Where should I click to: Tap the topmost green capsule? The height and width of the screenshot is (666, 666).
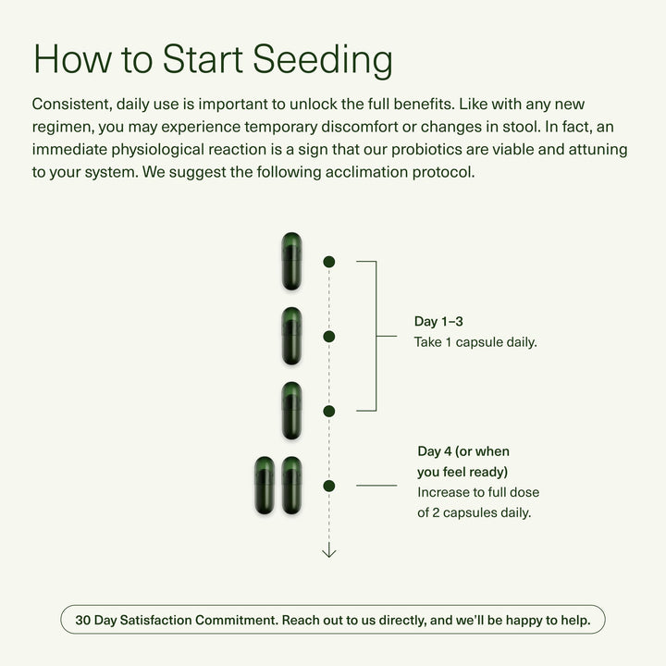(292, 262)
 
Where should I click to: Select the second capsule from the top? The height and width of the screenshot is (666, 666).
(292, 336)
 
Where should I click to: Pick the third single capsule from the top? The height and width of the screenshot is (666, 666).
(292, 411)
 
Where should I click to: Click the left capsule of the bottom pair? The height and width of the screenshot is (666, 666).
(265, 485)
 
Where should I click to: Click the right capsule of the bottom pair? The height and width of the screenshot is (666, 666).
(292, 485)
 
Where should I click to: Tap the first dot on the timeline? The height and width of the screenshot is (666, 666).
(328, 262)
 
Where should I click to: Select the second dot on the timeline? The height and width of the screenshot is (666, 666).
(328, 336)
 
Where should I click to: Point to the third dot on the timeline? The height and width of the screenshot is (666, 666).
(328, 411)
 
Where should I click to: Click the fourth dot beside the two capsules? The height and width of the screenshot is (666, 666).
(328, 485)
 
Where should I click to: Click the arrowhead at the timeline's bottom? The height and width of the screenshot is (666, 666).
(328, 552)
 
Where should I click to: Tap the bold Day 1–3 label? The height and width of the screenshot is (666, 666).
(438, 322)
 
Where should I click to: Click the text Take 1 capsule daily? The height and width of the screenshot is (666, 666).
(475, 341)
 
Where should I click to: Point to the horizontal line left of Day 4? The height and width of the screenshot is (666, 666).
(376, 485)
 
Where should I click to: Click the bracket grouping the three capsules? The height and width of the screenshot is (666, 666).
(376, 336)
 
